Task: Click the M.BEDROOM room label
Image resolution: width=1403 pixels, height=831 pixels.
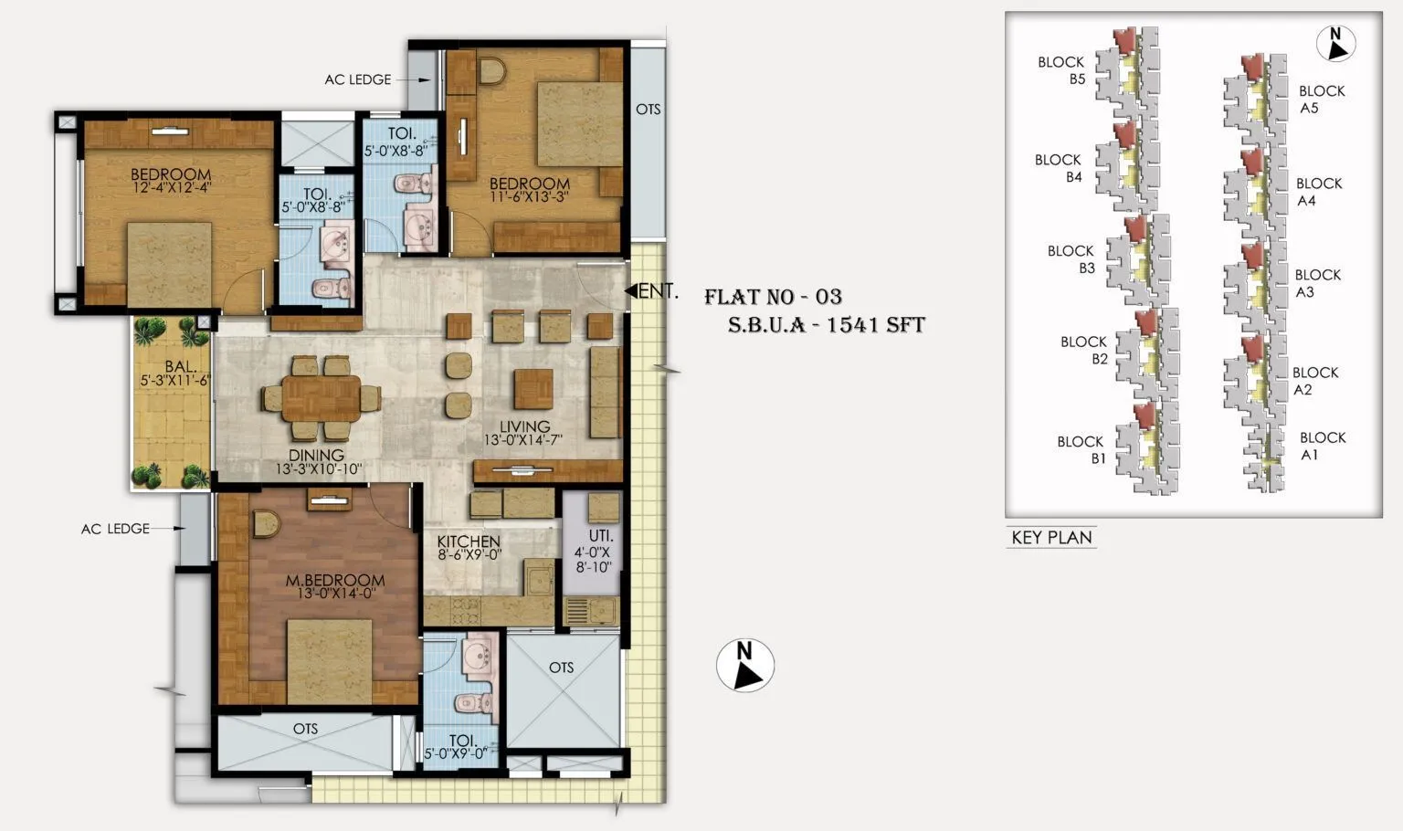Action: (334, 581)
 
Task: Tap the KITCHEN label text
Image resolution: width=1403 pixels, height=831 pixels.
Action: (468, 542)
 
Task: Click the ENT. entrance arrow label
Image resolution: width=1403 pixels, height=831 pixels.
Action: (652, 291)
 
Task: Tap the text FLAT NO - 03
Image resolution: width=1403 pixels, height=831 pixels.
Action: (773, 297)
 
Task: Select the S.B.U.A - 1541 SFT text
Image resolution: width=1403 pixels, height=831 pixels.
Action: (826, 325)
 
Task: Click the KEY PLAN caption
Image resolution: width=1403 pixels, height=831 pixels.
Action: (1051, 538)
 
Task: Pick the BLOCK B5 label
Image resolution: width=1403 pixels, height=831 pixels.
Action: (1061, 70)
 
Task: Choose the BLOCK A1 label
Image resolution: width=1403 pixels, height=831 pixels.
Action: (1322, 446)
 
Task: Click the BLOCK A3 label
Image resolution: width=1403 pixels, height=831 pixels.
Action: (1317, 283)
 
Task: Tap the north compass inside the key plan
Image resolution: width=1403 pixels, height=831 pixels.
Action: (1335, 43)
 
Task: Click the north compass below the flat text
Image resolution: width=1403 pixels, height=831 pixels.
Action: (745, 665)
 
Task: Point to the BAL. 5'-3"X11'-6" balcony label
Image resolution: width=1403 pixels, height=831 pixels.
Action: (174, 373)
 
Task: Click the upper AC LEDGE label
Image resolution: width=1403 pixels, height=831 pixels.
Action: (357, 79)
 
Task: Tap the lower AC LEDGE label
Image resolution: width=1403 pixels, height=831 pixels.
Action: (115, 529)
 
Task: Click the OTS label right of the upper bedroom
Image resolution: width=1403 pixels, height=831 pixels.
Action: (648, 110)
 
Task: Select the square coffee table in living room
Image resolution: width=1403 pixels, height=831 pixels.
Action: (533, 388)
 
